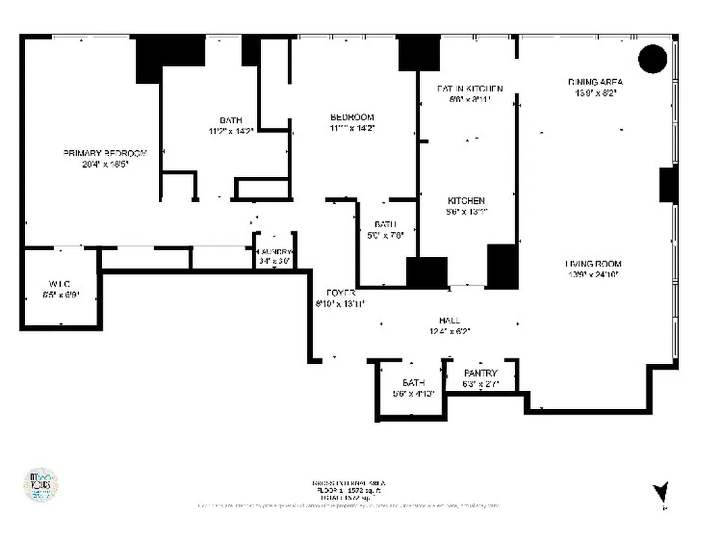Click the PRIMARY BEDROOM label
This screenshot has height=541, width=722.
click(105, 154)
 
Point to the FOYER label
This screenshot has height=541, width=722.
click(340, 293)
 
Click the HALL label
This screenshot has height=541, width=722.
click(450, 321)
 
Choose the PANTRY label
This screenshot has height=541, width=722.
click(481, 373)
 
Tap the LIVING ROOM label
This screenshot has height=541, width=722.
click(594, 264)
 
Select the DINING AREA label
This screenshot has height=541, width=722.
click(595, 82)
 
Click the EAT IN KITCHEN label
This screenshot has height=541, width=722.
click(470, 89)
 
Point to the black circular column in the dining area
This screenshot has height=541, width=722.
click(653, 58)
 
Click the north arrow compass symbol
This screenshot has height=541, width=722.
click(662, 492)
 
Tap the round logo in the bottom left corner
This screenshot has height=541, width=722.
click(41, 485)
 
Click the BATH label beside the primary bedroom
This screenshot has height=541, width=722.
click(231, 120)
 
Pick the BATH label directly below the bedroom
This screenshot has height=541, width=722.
click(385, 225)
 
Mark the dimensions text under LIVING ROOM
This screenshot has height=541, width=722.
click(594, 275)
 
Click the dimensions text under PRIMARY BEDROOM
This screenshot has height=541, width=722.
click(105, 164)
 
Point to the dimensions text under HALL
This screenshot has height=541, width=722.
click(450, 331)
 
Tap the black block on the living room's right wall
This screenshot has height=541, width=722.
click(668, 185)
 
